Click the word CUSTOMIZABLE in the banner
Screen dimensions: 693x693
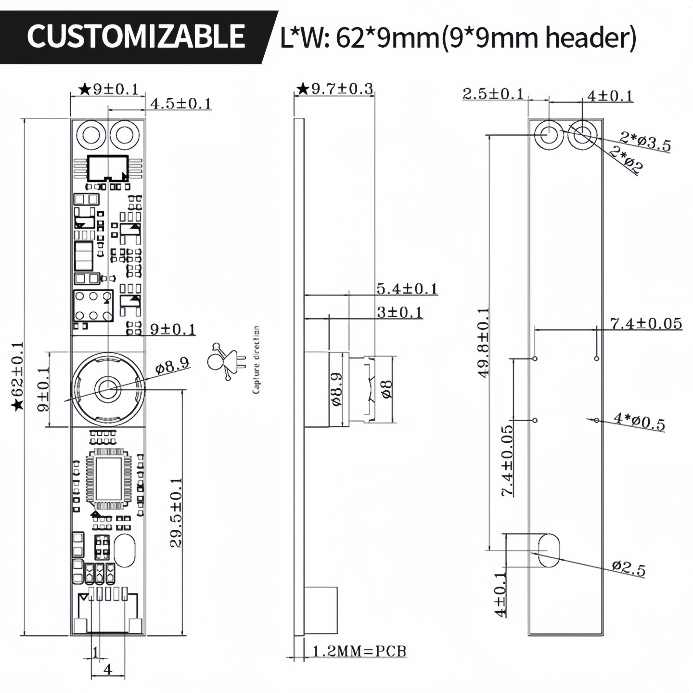(136, 36)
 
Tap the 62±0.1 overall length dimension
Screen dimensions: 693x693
(17, 376)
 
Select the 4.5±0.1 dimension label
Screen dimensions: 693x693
(181, 103)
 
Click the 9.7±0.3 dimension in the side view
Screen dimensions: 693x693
(334, 89)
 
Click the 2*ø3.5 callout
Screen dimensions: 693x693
(645, 142)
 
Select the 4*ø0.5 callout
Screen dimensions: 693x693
(639, 422)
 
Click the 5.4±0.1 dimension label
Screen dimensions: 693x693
(407, 288)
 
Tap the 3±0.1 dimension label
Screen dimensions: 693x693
(399, 312)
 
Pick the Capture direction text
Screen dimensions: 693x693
(256, 360)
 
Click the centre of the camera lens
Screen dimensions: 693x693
(107, 389)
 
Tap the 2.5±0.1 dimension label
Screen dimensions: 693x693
(493, 94)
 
